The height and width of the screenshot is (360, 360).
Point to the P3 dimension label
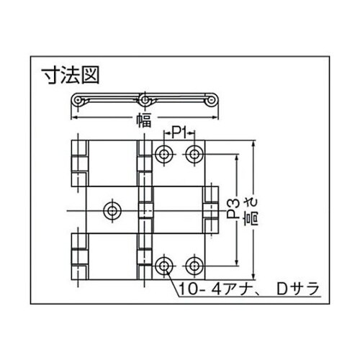(232, 210)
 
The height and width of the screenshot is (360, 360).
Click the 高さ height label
(249, 210)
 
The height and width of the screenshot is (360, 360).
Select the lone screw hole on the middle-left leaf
(112, 210)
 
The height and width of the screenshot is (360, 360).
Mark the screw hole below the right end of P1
(193, 153)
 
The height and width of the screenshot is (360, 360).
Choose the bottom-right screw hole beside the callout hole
(193, 264)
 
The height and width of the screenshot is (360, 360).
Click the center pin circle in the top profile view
(145, 99)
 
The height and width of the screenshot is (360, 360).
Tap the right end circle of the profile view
(213, 102)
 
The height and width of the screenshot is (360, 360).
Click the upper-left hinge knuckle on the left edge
(79, 163)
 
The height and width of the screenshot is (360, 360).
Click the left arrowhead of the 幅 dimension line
(75, 119)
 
